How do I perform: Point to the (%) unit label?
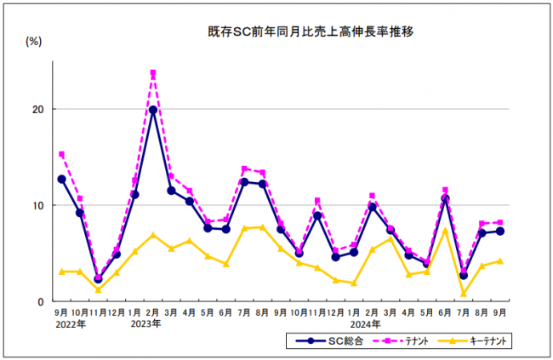pyautogui.click(x=34, y=40)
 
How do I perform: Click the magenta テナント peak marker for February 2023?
pyautogui.click(x=153, y=73)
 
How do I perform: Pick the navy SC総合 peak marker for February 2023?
pyautogui.click(x=153, y=110)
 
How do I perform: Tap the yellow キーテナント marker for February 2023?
pyautogui.click(x=153, y=235)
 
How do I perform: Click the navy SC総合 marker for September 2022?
pyautogui.click(x=61, y=180)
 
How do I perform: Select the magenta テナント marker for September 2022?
pyautogui.click(x=61, y=155)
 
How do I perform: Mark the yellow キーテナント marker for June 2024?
pyautogui.click(x=445, y=231)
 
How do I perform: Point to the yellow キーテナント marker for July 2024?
pyautogui.click(x=463, y=294)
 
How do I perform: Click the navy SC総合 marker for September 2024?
pyautogui.click(x=499, y=231)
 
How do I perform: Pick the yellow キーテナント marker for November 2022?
pyautogui.click(x=98, y=289)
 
